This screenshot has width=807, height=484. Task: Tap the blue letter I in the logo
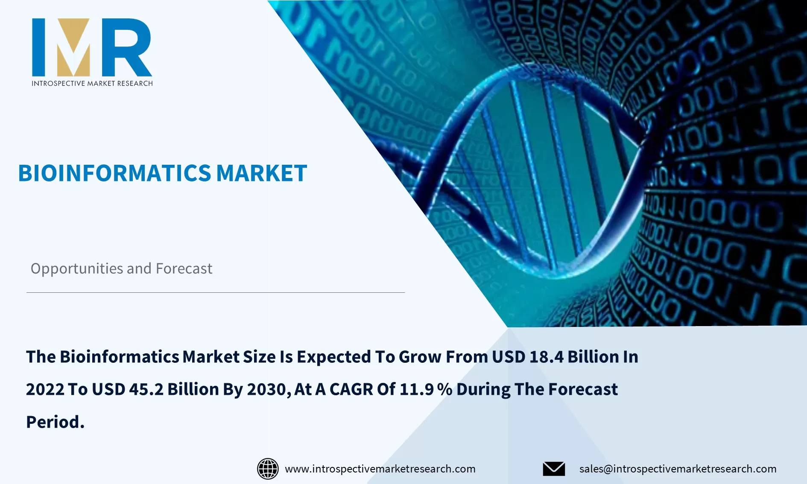click(x=39, y=47)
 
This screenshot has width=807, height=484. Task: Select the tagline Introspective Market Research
click(x=92, y=83)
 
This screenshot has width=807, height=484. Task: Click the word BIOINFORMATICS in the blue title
click(x=114, y=173)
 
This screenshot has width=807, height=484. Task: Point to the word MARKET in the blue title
click(x=261, y=173)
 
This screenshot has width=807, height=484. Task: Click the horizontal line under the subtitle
click(x=215, y=292)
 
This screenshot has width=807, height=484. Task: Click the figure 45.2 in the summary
click(x=146, y=389)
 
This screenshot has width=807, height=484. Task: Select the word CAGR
click(x=351, y=389)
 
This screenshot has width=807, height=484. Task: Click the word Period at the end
click(x=55, y=422)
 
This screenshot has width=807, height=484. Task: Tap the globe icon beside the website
click(x=268, y=469)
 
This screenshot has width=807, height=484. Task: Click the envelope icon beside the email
click(x=554, y=469)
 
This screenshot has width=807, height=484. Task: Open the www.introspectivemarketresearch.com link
click(x=380, y=469)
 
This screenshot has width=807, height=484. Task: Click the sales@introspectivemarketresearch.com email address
click(x=678, y=469)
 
